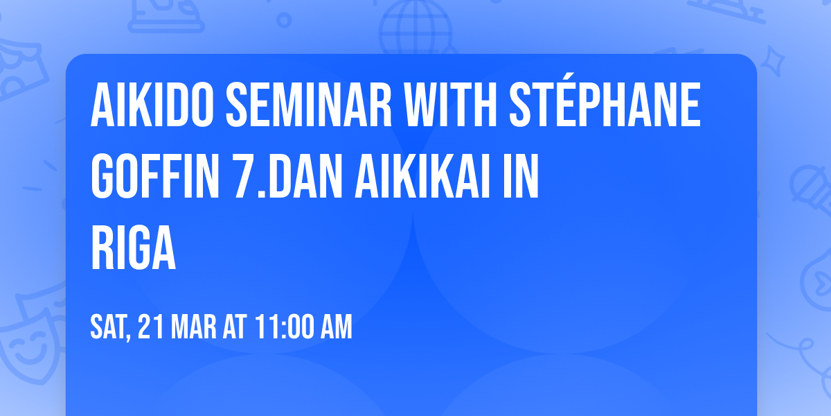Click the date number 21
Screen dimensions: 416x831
150,327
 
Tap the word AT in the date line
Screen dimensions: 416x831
234,327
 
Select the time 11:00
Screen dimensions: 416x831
283,327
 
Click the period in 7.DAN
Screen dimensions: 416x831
262,194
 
